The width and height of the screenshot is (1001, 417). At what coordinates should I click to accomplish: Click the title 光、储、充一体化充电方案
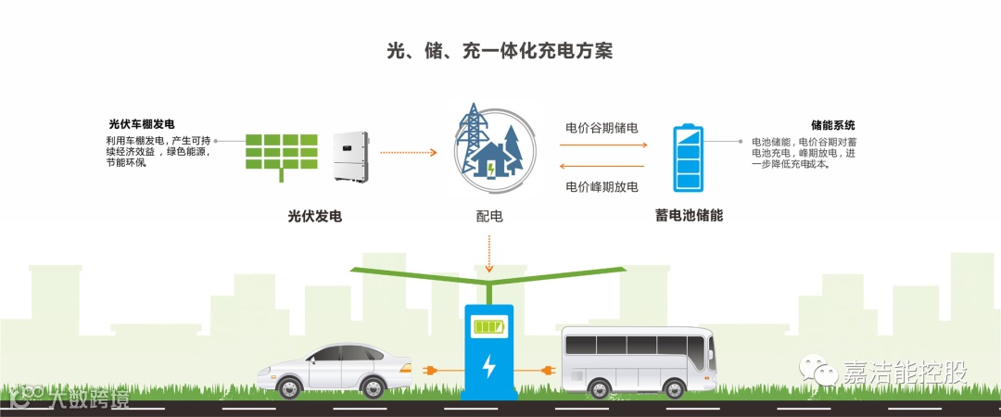point(500,51)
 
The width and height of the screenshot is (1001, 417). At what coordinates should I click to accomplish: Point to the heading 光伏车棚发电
point(142,123)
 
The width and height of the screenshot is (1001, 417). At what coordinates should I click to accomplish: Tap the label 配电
point(488,217)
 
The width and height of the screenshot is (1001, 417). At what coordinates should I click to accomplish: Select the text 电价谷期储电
point(602,128)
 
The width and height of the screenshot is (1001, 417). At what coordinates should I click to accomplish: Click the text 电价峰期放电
point(602,186)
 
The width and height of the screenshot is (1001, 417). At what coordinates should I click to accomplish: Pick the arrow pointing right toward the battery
point(602,145)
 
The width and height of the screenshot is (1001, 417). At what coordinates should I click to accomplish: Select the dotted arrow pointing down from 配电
point(489,249)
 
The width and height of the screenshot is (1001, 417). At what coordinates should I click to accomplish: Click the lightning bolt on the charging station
point(488,368)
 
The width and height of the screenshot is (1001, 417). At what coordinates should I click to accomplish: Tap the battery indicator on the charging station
point(488,326)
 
